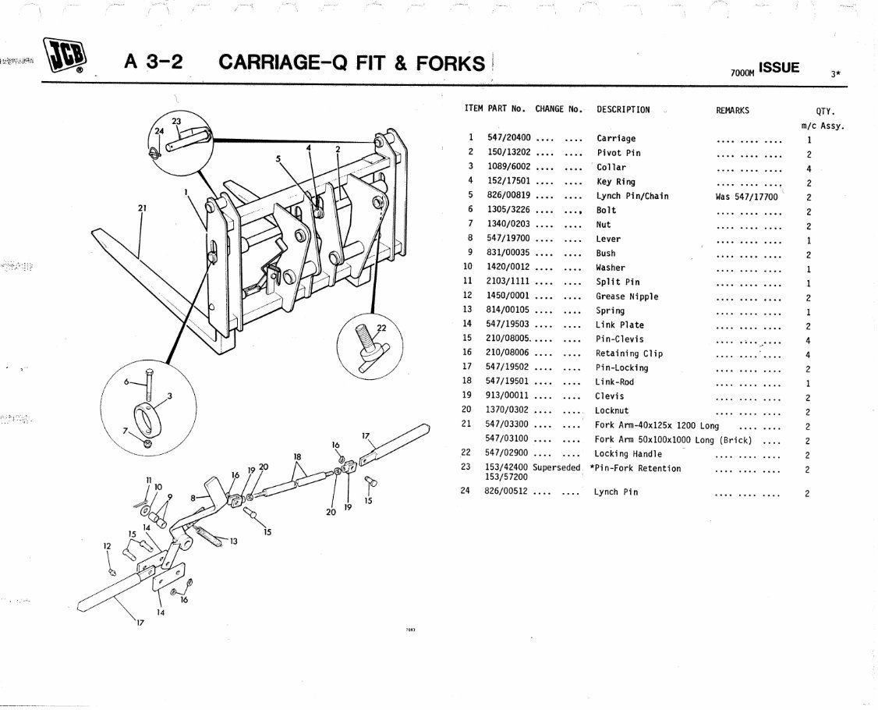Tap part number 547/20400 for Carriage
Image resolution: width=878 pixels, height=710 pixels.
pos(509,139)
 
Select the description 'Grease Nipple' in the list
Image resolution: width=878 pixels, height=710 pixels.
pos(627,296)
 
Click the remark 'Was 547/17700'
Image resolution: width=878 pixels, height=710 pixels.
pos(746,197)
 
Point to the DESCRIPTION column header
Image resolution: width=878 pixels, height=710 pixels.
pos(623,110)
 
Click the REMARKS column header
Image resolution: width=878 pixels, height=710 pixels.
pos(732,111)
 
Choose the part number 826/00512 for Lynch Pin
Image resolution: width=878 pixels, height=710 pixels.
pos(509,492)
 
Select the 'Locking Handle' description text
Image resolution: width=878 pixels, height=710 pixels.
pos(628,454)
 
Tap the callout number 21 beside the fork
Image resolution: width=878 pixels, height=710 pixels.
pos(142,208)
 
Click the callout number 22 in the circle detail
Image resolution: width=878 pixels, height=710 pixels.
pos(381,327)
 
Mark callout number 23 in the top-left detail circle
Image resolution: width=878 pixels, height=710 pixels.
pos(176,121)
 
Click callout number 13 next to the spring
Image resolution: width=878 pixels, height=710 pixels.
pos(233,541)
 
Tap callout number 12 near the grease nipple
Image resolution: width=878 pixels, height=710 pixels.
pos(108,546)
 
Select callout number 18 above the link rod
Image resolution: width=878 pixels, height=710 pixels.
pos(297,456)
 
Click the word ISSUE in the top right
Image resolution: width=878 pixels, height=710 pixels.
pos(779,68)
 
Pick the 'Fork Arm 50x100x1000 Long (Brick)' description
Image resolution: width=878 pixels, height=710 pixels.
pos(673,440)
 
